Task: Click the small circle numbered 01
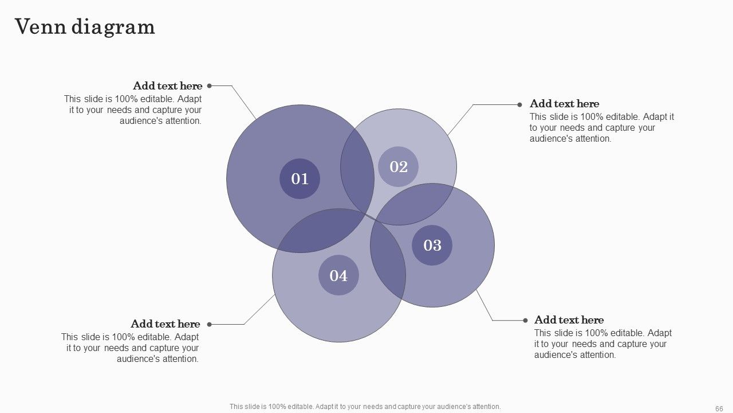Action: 299,178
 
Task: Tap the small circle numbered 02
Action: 398,166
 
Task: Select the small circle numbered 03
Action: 432,245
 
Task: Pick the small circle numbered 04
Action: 338,275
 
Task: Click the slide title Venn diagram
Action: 85,27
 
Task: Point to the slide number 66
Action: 719,408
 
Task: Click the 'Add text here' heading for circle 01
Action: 168,86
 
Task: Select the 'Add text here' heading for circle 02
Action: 565,104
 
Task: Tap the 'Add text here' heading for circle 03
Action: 569,320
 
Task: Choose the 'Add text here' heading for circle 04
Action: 165,324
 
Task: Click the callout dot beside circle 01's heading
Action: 210,86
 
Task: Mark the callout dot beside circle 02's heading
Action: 519,105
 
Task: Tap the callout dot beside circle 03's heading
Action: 526,321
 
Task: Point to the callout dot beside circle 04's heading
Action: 210,325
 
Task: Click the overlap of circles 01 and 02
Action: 357,170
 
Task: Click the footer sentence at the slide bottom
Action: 365,407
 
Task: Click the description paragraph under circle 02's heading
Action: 602,128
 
